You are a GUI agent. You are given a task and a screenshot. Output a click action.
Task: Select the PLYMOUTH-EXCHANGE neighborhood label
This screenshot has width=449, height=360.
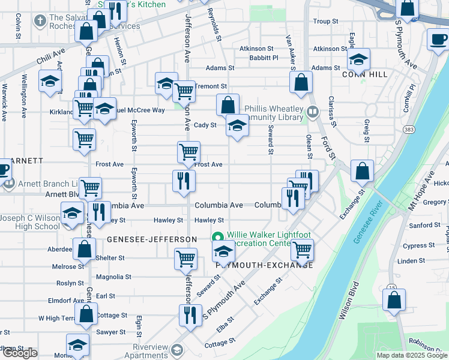[264, 265]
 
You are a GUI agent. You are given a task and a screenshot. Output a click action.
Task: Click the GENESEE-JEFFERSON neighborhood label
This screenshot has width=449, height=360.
[152, 239]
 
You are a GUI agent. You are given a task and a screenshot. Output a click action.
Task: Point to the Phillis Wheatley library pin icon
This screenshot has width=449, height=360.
[313, 112]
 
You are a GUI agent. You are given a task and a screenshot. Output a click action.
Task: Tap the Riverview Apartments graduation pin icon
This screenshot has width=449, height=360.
[176, 349]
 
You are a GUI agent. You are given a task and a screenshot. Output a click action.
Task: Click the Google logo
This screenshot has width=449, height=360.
[20, 353]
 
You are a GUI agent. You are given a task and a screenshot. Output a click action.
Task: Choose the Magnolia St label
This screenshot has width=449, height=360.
[113, 277]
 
